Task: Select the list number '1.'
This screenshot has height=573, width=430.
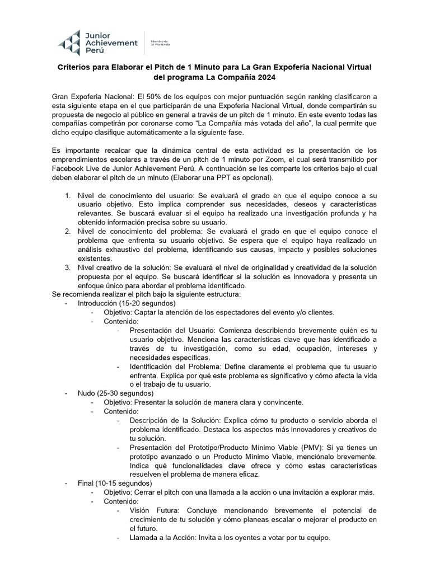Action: click(x=67, y=195)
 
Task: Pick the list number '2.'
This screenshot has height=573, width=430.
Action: click(x=67, y=231)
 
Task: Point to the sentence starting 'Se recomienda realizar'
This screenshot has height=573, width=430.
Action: click(x=146, y=294)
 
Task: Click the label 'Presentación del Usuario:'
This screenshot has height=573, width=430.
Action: click(x=175, y=330)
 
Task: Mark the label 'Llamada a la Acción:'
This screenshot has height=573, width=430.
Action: click(x=165, y=537)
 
